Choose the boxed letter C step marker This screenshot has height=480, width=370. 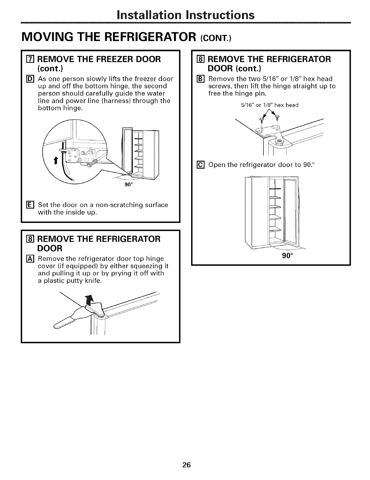[x=199, y=165]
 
